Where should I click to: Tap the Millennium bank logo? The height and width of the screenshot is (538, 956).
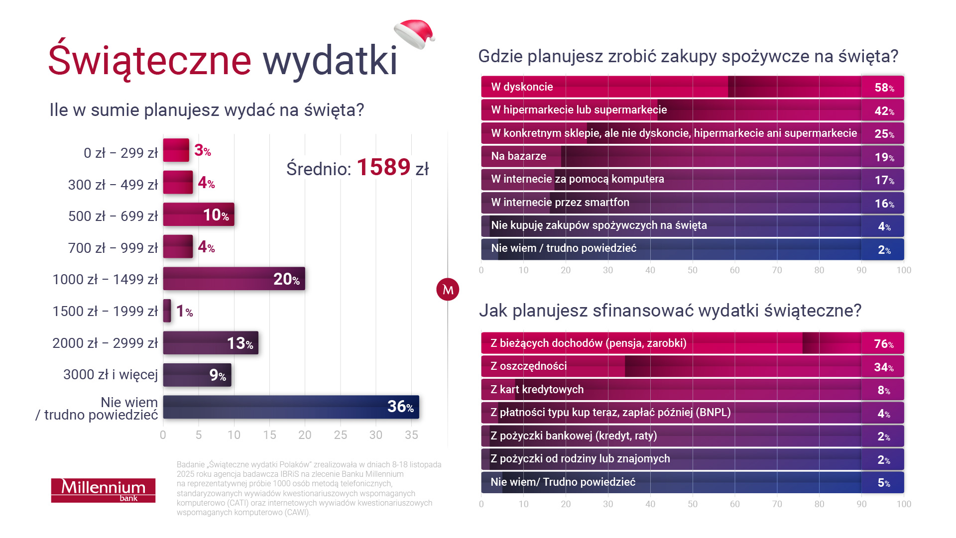click(x=103, y=490)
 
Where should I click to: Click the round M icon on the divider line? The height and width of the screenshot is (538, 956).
click(x=447, y=289)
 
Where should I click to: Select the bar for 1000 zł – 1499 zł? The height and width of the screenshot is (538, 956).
click(x=234, y=279)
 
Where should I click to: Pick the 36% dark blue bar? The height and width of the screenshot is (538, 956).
click(x=291, y=407)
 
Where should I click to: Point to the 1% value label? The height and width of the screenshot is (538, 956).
click(x=184, y=312)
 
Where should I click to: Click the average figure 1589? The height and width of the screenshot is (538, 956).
click(x=383, y=167)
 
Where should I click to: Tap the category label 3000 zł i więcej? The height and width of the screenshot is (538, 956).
click(x=111, y=374)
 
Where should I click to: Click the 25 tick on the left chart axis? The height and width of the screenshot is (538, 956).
click(x=340, y=435)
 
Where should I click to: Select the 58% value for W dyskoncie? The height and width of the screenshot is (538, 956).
click(x=884, y=88)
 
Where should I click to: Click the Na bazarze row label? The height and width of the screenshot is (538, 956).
click(x=518, y=156)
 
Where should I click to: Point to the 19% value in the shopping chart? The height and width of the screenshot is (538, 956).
click(x=884, y=157)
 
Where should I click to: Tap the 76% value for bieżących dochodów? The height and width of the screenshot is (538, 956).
click(x=883, y=344)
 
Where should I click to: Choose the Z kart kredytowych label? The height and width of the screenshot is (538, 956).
click(x=537, y=390)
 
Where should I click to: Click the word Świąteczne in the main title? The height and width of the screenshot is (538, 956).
click(x=149, y=61)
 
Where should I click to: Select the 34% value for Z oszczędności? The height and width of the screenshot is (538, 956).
click(x=883, y=367)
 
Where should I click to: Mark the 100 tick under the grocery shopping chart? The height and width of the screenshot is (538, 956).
click(x=903, y=270)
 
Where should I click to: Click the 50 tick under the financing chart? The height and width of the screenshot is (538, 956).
click(x=692, y=504)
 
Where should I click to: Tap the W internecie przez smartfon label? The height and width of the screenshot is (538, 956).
click(x=560, y=203)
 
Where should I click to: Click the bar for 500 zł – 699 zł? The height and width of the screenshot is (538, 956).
click(x=198, y=215)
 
